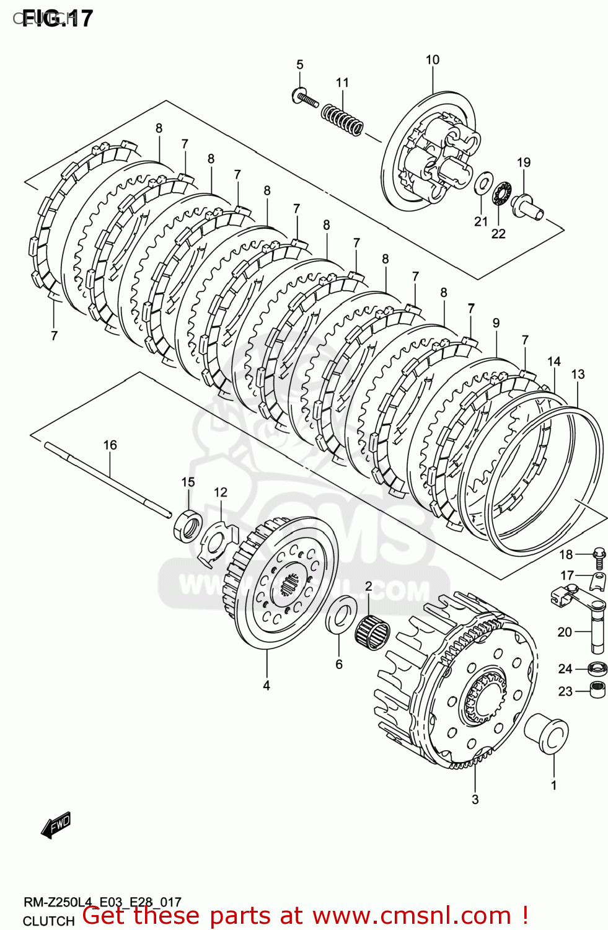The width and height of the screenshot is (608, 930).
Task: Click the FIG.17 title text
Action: click(x=57, y=18)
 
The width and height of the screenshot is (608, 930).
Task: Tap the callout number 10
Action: click(x=432, y=60)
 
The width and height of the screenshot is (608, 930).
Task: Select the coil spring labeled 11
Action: click(x=342, y=118)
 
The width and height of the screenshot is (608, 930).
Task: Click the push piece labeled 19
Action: click(x=527, y=205)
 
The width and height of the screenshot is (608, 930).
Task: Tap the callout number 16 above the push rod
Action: click(x=110, y=445)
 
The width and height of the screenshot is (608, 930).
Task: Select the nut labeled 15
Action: click(x=188, y=524)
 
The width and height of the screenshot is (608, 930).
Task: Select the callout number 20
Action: click(x=564, y=632)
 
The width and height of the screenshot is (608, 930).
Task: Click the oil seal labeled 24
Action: click(x=597, y=669)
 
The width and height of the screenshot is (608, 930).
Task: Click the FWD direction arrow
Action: click(x=56, y=825)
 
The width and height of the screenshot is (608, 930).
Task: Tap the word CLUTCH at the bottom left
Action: click(x=48, y=921)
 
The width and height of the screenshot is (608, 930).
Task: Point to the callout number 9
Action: click(x=496, y=323)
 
